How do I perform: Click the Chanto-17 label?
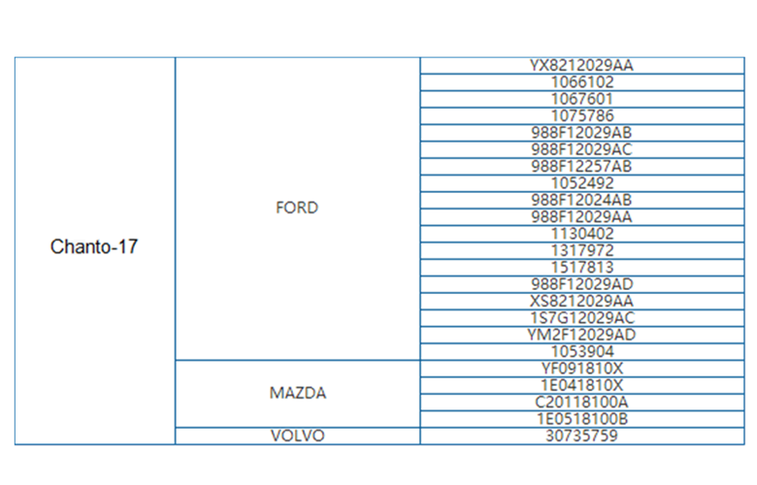(94, 246)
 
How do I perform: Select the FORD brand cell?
(297, 208)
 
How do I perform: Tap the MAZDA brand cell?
(298, 393)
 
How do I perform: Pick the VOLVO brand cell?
(298, 436)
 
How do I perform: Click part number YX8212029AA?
(581, 66)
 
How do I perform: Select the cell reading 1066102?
(582, 82)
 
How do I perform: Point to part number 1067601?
(582, 99)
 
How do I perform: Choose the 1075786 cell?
(582, 115)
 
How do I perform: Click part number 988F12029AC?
(581, 149)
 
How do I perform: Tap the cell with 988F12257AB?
(581, 167)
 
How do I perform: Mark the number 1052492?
(582, 183)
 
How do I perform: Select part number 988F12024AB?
(581, 200)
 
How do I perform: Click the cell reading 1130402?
(582, 234)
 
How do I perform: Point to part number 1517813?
(582, 268)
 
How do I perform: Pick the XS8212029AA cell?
(581, 301)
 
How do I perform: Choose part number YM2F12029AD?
(581, 335)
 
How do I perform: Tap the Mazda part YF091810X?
(581, 369)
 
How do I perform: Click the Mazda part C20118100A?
(581, 402)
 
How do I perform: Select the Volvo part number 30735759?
(581, 436)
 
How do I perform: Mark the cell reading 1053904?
(582, 352)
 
